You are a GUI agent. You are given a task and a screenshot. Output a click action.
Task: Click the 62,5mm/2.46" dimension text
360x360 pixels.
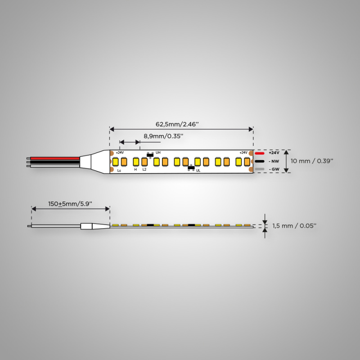177,124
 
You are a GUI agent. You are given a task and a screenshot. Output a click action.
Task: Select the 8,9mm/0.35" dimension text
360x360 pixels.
163,136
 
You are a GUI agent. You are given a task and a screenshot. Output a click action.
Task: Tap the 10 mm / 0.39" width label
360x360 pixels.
312,161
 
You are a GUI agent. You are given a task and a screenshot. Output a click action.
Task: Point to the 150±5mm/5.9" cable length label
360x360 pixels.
70,204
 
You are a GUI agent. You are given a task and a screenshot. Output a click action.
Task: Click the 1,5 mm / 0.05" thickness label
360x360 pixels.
294,226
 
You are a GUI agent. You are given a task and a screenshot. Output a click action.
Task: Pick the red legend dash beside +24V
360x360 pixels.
260,153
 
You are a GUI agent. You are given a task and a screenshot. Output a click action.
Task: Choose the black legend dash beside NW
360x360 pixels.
260,161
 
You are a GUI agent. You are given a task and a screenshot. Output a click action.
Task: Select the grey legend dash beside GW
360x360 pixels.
260,169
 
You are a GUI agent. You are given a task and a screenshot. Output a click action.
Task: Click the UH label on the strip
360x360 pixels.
158,153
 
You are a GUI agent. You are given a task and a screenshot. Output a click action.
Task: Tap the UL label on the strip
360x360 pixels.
198,171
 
